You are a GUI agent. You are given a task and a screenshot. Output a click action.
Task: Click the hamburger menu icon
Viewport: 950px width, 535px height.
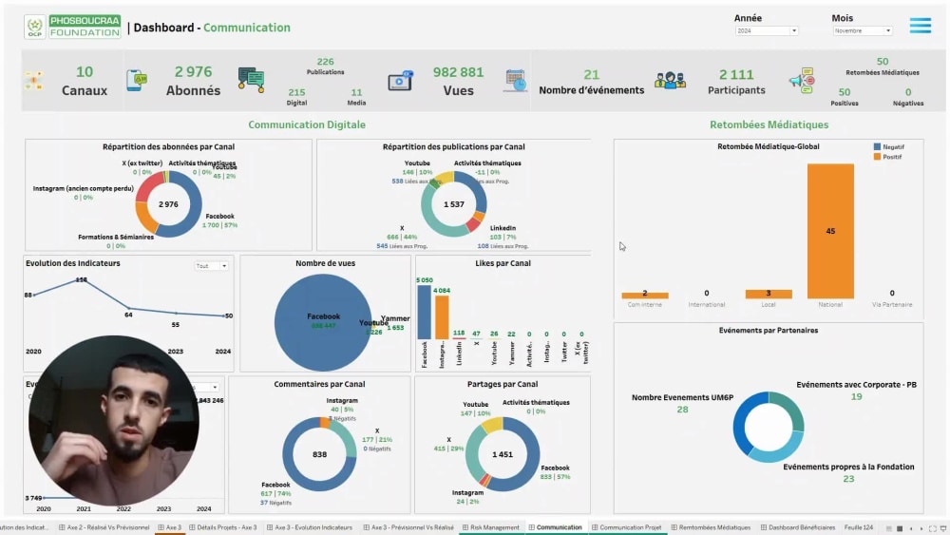coord(920,26)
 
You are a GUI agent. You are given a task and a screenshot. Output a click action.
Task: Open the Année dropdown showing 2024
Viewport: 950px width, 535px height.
coord(767,30)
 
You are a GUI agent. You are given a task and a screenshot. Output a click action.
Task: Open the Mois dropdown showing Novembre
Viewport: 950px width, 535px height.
coord(862,30)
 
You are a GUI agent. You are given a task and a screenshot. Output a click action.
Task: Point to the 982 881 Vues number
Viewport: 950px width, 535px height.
coord(459,73)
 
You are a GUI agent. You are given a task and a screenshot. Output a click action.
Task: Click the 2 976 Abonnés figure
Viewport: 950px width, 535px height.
coord(193,72)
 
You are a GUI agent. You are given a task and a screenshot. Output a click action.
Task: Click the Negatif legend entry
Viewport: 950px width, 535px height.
coord(892,147)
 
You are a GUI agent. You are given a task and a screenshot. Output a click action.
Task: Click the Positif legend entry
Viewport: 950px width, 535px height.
coord(892,157)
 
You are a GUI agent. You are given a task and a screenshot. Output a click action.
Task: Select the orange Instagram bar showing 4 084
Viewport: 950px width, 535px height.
coord(442,317)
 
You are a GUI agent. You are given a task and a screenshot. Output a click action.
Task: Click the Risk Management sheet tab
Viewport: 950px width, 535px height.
coord(494,527)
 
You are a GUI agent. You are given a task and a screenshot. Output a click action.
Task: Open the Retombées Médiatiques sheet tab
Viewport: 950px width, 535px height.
coord(713,527)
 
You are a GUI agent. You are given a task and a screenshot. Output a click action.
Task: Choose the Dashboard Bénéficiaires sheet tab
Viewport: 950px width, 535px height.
coord(801,527)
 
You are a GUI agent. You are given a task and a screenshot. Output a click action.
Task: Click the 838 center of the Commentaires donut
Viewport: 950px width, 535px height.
coord(319,455)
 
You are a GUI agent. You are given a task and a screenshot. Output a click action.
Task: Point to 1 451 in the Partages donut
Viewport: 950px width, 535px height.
coord(503,455)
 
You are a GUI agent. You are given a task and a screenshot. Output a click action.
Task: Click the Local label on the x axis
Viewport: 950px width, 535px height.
coord(769,305)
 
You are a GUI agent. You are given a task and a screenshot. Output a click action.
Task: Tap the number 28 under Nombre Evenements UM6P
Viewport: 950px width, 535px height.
coord(682,410)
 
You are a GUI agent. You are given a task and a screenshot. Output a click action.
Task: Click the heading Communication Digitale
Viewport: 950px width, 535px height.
coord(307,124)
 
